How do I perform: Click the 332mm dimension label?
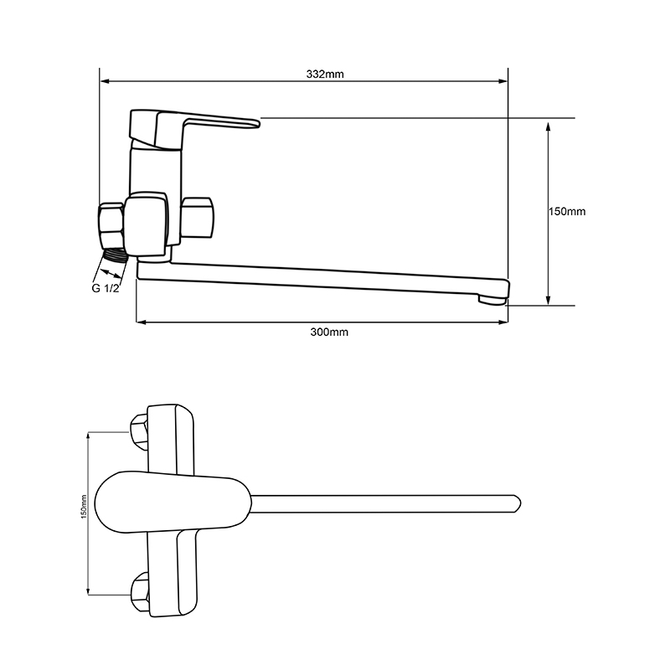click(x=325, y=75)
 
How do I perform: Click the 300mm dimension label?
click(x=329, y=332)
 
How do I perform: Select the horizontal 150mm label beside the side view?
click(x=568, y=212)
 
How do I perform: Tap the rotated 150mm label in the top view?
click(x=85, y=507)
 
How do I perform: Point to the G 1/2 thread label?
click(x=106, y=288)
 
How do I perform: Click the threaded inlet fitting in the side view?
click(x=116, y=255)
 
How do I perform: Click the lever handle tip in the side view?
click(x=255, y=123)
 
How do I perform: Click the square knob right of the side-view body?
click(x=197, y=218)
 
